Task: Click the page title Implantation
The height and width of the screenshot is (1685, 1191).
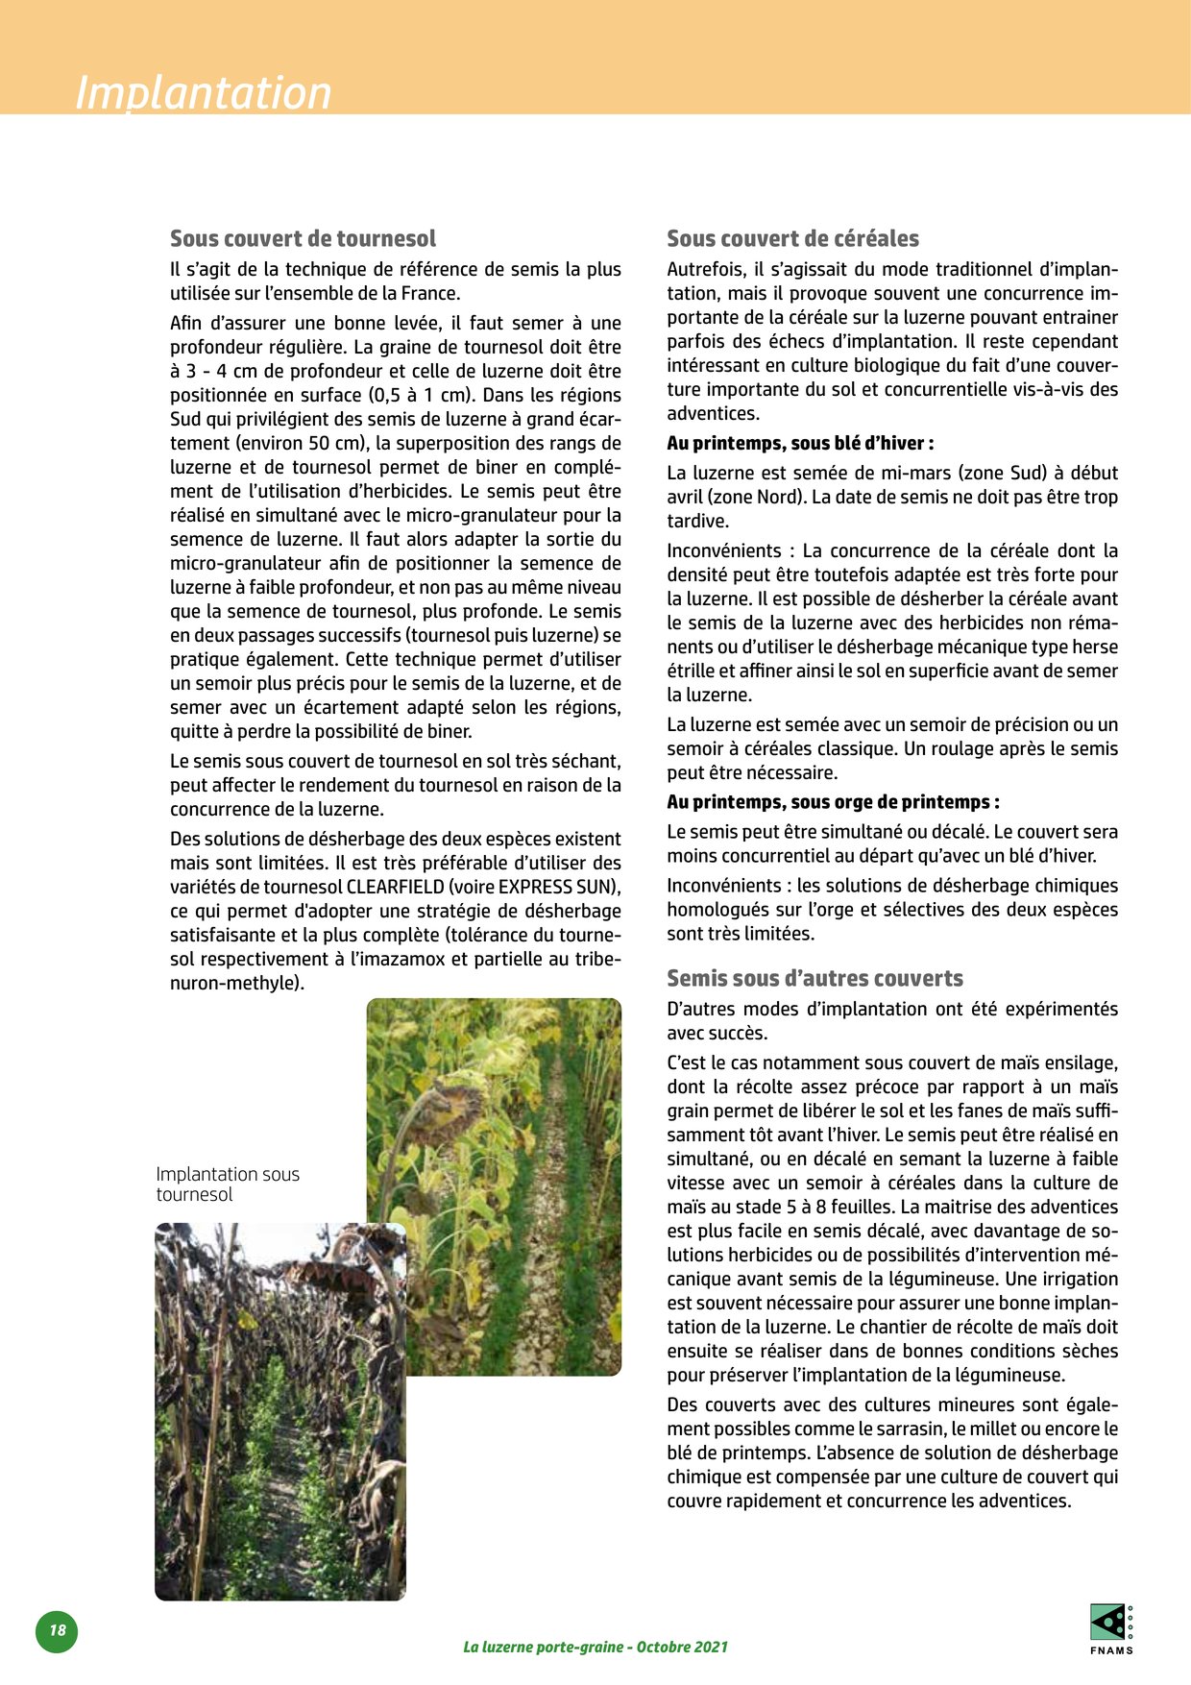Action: (x=204, y=93)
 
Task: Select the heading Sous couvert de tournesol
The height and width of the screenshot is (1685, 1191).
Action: (x=303, y=238)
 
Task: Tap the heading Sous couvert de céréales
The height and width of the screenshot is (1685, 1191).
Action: (x=792, y=238)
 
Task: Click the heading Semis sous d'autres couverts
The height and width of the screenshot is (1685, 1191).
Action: (x=814, y=978)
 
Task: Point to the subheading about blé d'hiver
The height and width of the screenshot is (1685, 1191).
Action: (x=800, y=443)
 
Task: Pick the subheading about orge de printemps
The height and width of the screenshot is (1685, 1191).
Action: (x=833, y=802)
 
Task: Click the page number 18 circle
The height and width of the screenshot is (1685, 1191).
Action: (x=57, y=1630)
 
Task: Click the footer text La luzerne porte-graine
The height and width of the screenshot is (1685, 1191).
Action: (x=595, y=1647)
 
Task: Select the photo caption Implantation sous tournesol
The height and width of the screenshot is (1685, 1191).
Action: (x=228, y=1184)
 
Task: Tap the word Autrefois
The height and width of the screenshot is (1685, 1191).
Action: (x=705, y=269)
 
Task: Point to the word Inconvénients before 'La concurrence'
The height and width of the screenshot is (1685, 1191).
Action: (x=724, y=550)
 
